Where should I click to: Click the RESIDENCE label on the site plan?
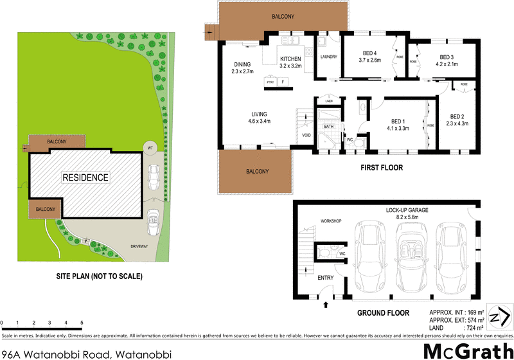pyautogui.click(x=85, y=177)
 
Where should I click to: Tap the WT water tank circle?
pyautogui.click(x=150, y=147)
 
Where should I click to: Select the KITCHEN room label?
pyautogui.click(x=290, y=59)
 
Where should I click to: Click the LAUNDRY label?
pyautogui.click(x=329, y=56)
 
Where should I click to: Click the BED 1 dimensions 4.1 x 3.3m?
pyautogui.click(x=398, y=129)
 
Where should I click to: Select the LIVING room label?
pyautogui.click(x=259, y=113)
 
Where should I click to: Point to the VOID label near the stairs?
pyautogui.click(x=306, y=136)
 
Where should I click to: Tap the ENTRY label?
pyautogui.click(x=326, y=278)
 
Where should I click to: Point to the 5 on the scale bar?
pyautogui.click(x=82, y=322)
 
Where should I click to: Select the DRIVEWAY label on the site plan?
pyautogui.click(x=121, y=246)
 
